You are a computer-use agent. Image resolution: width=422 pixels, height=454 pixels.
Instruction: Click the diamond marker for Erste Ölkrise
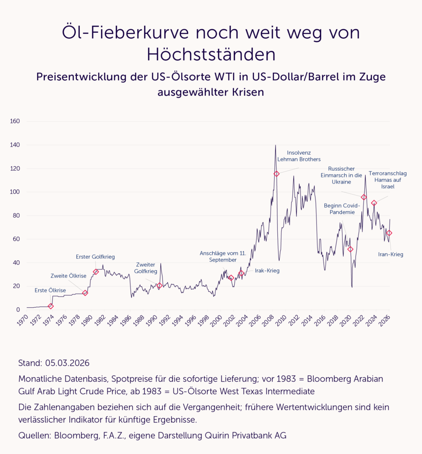pos(51,306)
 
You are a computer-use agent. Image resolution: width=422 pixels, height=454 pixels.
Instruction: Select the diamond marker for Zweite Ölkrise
pos(85,293)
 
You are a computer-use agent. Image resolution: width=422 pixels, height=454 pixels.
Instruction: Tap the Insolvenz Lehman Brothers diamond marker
pos(276,174)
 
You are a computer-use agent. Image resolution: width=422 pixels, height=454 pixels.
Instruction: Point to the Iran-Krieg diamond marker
pos(389,233)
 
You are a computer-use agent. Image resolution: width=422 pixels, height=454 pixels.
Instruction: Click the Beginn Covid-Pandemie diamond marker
pos(350,249)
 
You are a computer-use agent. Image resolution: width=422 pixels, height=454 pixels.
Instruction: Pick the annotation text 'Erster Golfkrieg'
pos(95,256)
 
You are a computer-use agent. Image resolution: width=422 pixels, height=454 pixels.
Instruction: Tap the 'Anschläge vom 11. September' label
pos(223,256)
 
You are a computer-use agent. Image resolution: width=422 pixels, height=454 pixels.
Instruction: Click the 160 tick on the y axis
pos(21,121)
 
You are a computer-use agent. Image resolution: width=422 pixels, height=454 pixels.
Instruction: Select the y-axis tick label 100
pos(21,192)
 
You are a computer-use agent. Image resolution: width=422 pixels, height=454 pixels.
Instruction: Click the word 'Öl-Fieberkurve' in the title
pos(118,33)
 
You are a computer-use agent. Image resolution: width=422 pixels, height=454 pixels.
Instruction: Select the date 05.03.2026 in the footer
pos(67,363)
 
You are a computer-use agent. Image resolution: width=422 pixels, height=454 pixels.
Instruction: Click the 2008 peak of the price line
pos(276,145)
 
